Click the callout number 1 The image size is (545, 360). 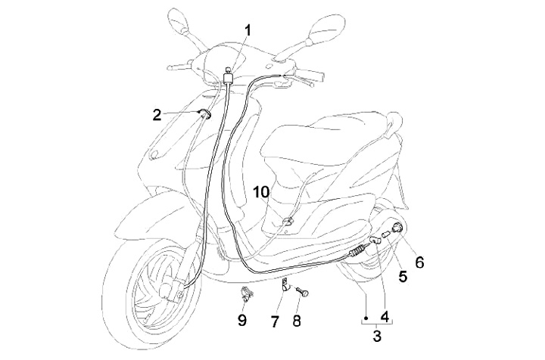pos(248,31)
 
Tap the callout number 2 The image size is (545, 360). pos(157,115)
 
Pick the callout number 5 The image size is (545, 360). pos(403,277)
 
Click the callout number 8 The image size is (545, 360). pos(297,321)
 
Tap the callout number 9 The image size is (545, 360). pos(242,320)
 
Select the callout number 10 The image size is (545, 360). pos(261,192)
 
